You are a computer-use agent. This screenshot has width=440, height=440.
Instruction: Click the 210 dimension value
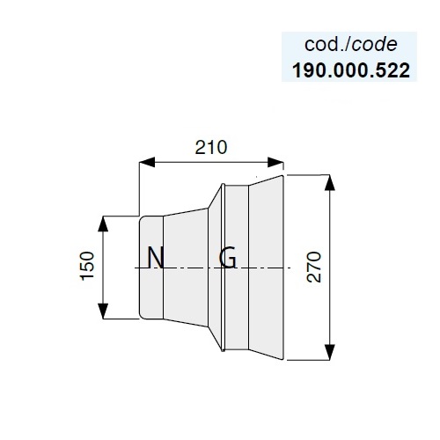click(211, 147)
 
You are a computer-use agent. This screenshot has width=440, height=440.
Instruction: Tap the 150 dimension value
click(88, 266)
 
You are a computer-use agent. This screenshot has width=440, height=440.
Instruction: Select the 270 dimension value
click(313, 267)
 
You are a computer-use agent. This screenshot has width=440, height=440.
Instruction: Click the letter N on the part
click(156, 258)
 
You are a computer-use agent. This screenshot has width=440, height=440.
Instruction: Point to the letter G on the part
click(228, 258)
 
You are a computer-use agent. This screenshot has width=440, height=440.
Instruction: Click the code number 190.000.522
click(351, 70)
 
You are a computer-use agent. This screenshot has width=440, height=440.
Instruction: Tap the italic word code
click(374, 45)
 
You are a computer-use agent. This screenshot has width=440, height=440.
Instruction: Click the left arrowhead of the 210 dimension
click(147, 162)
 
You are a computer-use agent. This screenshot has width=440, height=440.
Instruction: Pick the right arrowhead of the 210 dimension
click(275, 162)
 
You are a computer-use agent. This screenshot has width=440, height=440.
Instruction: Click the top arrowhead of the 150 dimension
click(103, 224)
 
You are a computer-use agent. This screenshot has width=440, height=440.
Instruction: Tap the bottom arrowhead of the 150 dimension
click(103, 311)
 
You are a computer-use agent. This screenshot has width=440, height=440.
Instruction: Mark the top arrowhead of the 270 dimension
click(330, 182)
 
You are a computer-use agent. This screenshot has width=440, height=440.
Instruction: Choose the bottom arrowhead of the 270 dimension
click(330, 352)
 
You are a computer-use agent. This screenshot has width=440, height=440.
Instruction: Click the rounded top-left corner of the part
click(141, 218)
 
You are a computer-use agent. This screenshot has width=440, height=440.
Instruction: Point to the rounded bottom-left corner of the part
click(141, 317)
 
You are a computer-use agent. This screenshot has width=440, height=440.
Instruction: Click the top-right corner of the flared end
click(282, 175)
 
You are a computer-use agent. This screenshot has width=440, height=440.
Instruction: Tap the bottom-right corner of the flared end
click(282, 359)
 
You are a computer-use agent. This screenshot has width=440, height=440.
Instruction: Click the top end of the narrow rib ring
click(223, 184)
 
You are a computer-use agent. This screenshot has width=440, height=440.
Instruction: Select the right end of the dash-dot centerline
click(290, 268)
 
